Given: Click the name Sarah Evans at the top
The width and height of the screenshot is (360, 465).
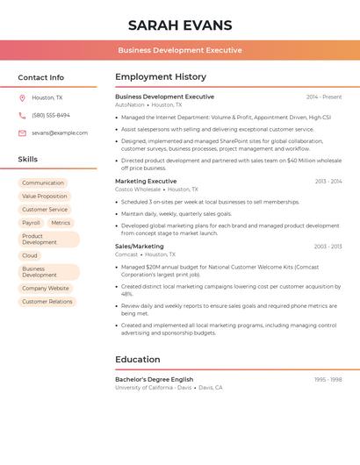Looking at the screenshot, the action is pyautogui.click(x=180, y=25).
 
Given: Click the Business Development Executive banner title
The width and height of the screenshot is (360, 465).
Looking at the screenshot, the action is pyautogui.click(x=180, y=50).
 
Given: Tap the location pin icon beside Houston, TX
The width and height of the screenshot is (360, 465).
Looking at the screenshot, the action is pyautogui.click(x=22, y=97).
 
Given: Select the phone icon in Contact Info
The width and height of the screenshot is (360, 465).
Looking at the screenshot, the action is pyautogui.click(x=22, y=115).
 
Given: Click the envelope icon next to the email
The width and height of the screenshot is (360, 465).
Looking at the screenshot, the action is pyautogui.click(x=22, y=132).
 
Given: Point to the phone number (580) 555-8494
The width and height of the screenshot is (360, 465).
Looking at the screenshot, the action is pyautogui.click(x=51, y=115).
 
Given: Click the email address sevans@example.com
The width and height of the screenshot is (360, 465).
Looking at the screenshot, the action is pyautogui.click(x=60, y=132).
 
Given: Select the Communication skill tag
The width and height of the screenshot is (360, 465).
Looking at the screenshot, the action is pyautogui.click(x=43, y=183).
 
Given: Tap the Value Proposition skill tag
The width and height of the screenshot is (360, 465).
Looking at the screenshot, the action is pyautogui.click(x=45, y=197).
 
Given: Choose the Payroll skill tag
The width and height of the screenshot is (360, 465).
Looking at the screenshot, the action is pyautogui.click(x=31, y=223).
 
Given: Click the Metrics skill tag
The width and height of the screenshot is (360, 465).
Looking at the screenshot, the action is pyautogui.click(x=61, y=223).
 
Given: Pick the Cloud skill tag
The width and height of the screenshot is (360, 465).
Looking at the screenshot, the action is pyautogui.click(x=30, y=255).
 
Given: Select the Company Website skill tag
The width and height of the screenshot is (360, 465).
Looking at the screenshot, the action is pyautogui.click(x=46, y=288).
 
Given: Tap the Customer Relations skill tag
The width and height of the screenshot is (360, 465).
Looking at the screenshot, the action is pyautogui.click(x=47, y=301).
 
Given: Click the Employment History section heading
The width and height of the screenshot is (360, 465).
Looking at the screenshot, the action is pyautogui.click(x=161, y=77).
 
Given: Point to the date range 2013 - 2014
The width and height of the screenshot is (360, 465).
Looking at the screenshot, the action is pyautogui.click(x=328, y=182).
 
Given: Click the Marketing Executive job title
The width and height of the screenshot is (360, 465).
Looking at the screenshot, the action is pyautogui.click(x=146, y=181).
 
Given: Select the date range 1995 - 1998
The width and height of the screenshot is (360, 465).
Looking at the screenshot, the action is pyautogui.click(x=328, y=380).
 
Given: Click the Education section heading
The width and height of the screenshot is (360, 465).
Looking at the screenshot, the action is pyautogui.click(x=138, y=360).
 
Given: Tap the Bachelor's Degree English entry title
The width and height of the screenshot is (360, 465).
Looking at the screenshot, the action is pyautogui.click(x=154, y=379).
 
